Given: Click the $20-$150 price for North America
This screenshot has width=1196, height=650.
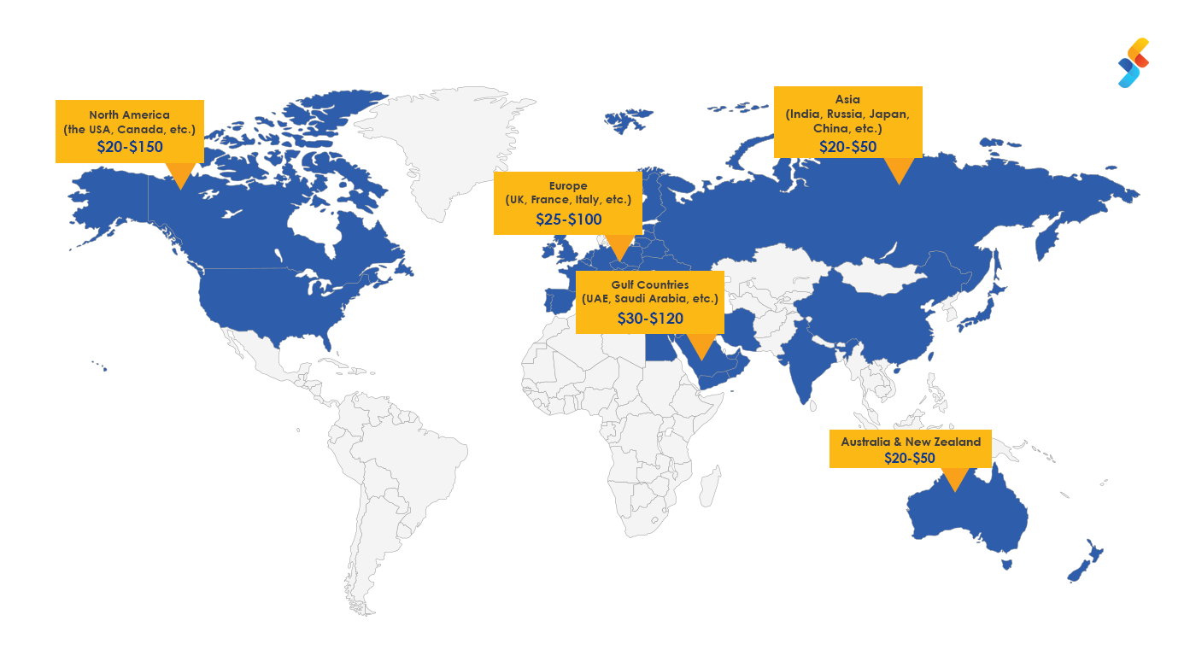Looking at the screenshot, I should click(x=130, y=146).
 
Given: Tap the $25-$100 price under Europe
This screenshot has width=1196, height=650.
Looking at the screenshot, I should click(x=568, y=220).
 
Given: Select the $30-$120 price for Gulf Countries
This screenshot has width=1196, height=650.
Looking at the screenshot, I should click(x=650, y=319).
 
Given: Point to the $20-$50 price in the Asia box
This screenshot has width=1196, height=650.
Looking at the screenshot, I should click(x=847, y=146).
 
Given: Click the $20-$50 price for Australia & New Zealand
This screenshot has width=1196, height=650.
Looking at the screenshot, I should click(x=910, y=458).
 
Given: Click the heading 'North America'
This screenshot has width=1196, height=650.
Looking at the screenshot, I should click(x=130, y=114).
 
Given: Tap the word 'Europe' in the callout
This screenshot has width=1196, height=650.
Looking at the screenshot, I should click(x=568, y=185).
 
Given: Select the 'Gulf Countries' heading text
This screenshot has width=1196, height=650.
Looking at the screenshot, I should click(x=650, y=284).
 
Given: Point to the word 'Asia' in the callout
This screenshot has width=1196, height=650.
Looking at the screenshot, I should click(x=847, y=99).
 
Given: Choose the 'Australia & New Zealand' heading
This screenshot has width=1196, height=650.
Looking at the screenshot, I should click(x=911, y=442).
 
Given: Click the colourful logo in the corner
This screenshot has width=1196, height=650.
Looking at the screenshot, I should click(x=1134, y=62).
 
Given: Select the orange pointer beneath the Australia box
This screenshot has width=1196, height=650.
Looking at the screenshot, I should click(x=955, y=479).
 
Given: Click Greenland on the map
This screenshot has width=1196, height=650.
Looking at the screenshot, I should click(x=453, y=145).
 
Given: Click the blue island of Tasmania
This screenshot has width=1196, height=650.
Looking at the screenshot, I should click(x=1007, y=564).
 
